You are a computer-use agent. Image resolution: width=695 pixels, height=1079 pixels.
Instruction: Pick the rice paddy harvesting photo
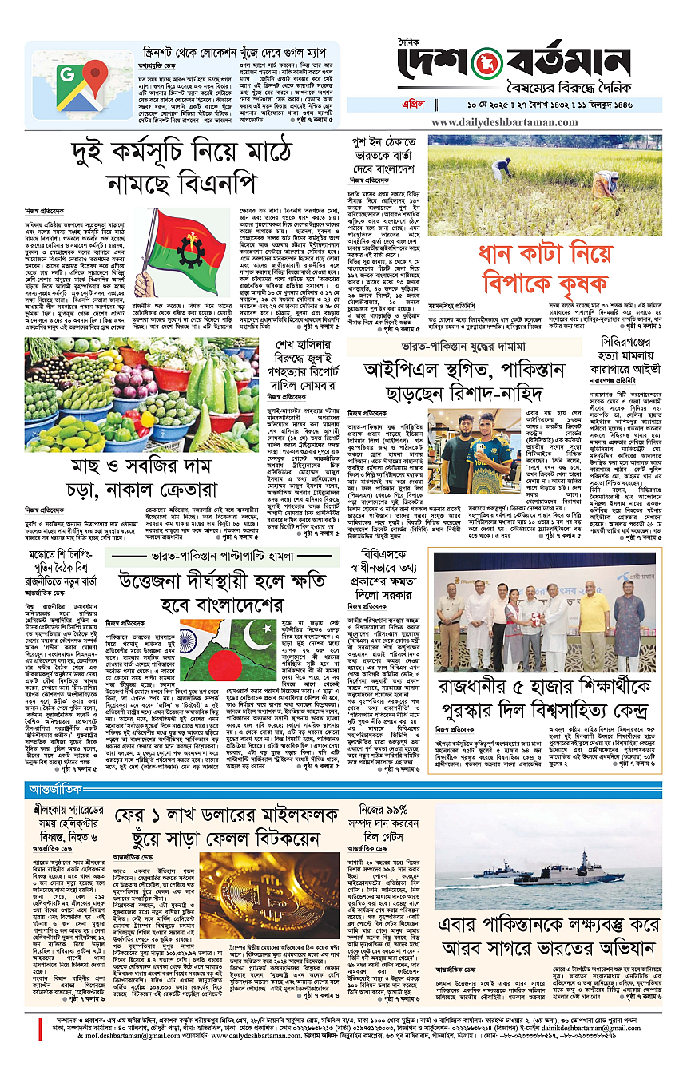point(545,186)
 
